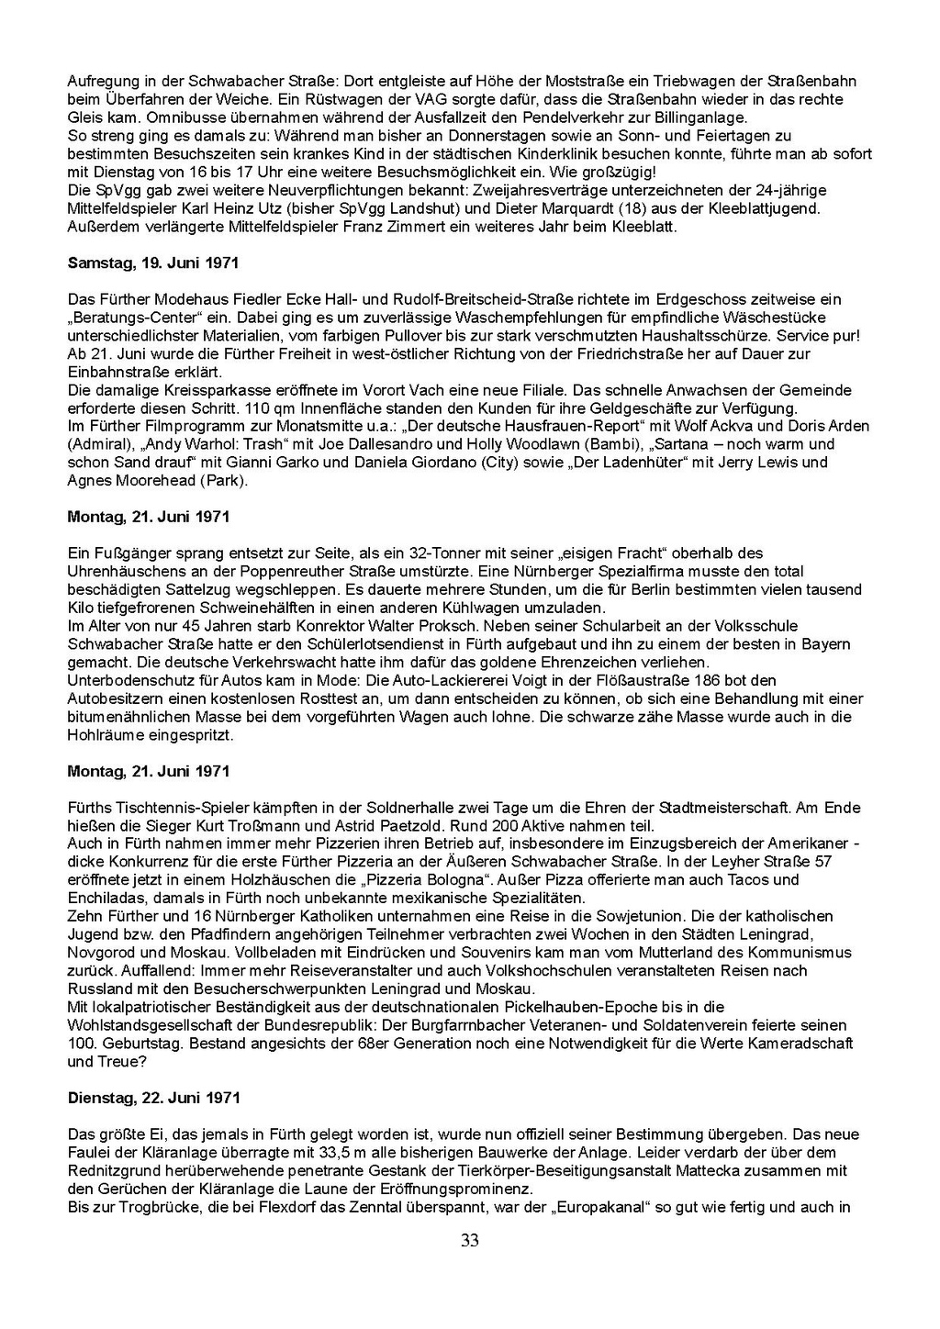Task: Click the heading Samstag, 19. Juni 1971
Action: (153, 262)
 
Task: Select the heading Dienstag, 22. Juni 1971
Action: (154, 1097)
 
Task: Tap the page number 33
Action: (470, 1241)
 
